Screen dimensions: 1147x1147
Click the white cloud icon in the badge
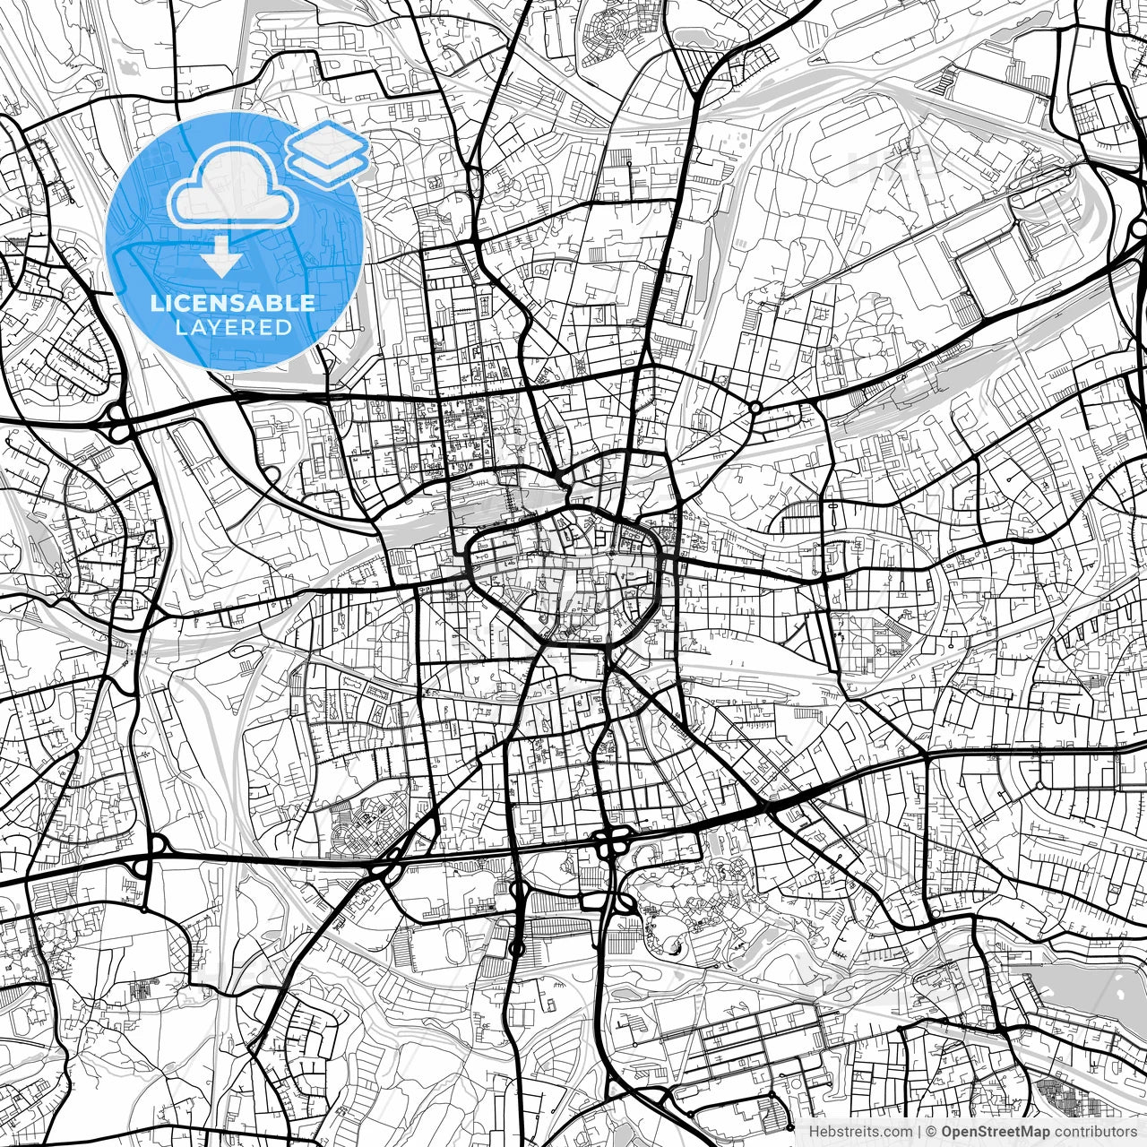click(x=233, y=185)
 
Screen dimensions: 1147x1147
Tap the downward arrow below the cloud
click(x=220, y=258)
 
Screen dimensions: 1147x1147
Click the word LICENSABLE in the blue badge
click(x=233, y=303)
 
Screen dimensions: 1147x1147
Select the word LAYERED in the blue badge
click(x=233, y=328)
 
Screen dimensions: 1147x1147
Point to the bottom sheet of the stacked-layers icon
click(x=327, y=166)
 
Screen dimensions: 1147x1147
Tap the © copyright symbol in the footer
click(x=932, y=1132)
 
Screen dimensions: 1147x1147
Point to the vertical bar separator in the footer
click(x=919, y=1132)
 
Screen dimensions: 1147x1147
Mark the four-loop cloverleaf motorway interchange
click(x=614, y=842)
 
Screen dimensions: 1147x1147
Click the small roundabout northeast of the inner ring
click(x=755, y=408)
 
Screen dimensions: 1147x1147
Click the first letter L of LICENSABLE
click(x=156, y=303)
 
